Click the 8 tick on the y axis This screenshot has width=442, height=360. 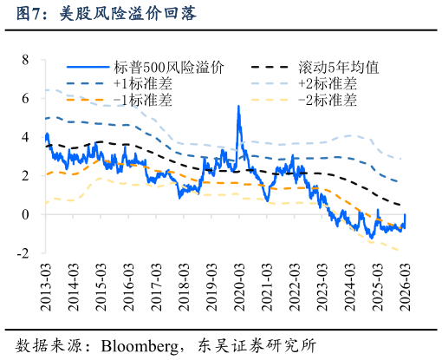[25, 60]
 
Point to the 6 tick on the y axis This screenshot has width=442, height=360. [25, 99]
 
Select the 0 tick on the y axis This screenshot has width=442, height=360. [25, 214]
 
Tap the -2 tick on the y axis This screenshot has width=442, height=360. [23, 252]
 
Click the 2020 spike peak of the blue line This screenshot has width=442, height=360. [238, 106]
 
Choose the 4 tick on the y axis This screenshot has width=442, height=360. [25, 137]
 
